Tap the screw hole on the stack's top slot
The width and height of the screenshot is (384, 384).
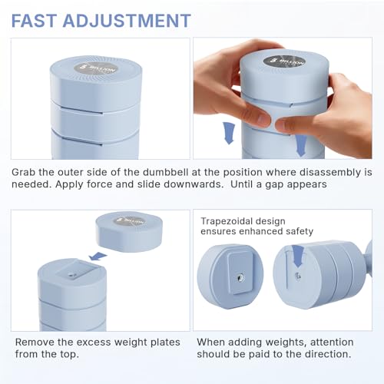pyautogui.click(x=72, y=274)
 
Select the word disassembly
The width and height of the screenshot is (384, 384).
pyautogui.click(x=329, y=171)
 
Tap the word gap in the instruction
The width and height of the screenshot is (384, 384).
pyautogui.click(x=307, y=185)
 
